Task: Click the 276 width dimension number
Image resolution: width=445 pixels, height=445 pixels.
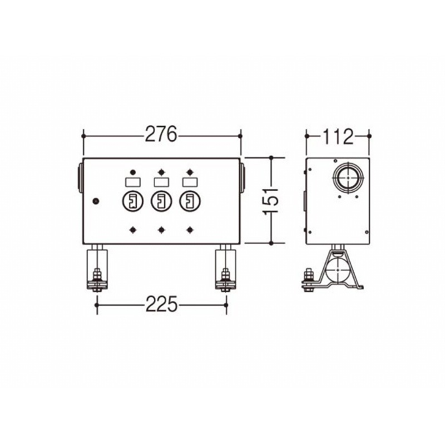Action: coord(161,134)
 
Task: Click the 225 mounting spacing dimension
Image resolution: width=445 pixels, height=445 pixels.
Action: coord(161,304)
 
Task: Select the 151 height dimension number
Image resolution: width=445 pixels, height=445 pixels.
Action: coord(271,201)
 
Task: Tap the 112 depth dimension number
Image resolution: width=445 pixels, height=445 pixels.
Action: coord(338,136)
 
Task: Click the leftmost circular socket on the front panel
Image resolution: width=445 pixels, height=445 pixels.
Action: coord(132,201)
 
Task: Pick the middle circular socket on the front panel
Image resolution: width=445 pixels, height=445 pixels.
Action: coord(161,201)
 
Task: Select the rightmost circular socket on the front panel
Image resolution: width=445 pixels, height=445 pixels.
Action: coord(190,201)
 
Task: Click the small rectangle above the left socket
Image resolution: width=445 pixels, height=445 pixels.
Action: coord(132,182)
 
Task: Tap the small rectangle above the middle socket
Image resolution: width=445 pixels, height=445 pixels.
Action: coord(161,182)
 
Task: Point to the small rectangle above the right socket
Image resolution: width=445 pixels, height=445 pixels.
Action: coord(190,182)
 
